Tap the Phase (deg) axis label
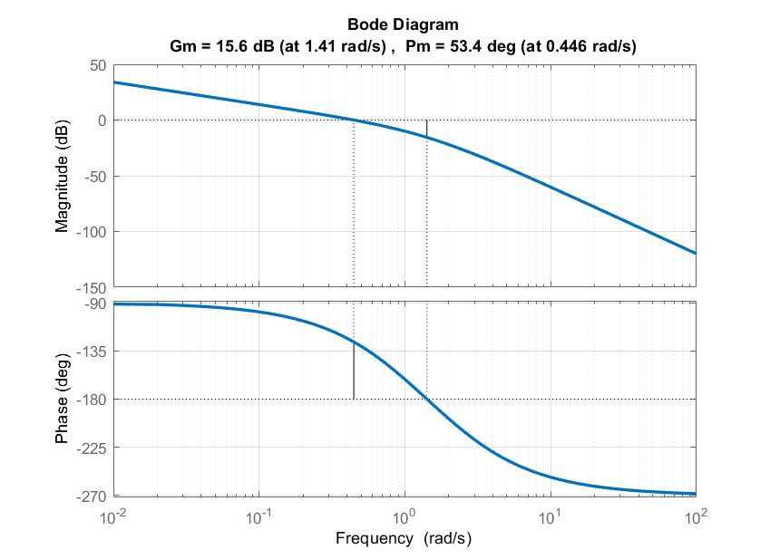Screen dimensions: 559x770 click(62, 400)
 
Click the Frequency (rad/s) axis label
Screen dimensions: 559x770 click(404, 538)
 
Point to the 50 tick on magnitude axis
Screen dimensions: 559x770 click(97, 65)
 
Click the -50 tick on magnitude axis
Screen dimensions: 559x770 click(94, 177)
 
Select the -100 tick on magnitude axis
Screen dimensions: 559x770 click(92, 232)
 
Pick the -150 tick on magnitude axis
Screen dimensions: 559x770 click(92, 288)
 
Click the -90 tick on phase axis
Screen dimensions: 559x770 click(94, 304)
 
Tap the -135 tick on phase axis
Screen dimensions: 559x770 click(92, 352)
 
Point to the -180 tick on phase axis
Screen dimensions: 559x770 click(92, 400)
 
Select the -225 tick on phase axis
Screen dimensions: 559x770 click(92, 448)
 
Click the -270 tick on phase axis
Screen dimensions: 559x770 click(92, 496)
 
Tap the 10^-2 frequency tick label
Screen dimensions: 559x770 click(112, 517)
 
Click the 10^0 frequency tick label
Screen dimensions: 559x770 click(404, 517)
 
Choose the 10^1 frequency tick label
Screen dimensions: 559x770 click(550, 517)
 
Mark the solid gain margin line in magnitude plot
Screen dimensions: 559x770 click(426, 129)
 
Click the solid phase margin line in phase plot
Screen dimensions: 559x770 click(353, 371)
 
